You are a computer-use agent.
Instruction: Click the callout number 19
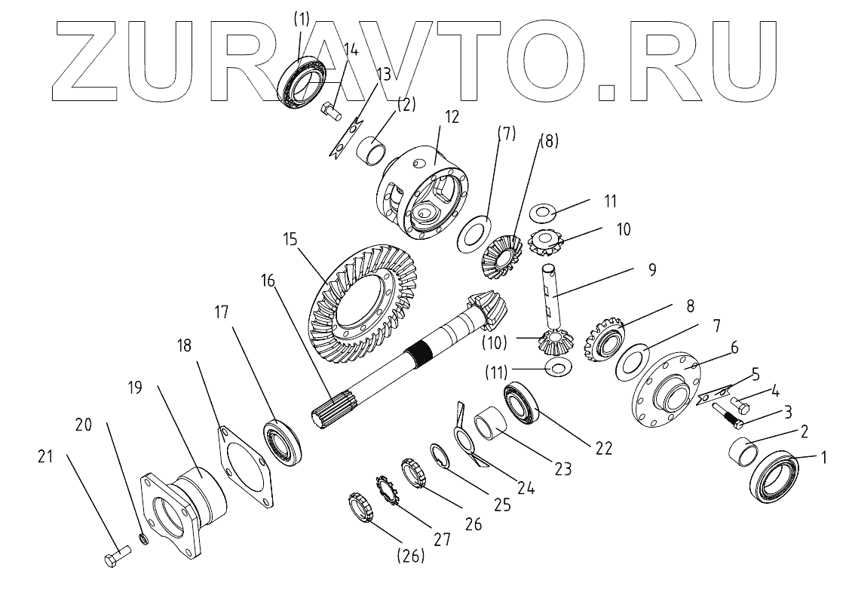(135, 390)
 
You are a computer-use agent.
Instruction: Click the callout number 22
(602, 448)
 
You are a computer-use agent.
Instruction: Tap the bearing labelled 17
(283, 443)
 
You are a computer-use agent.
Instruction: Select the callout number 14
(350, 51)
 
